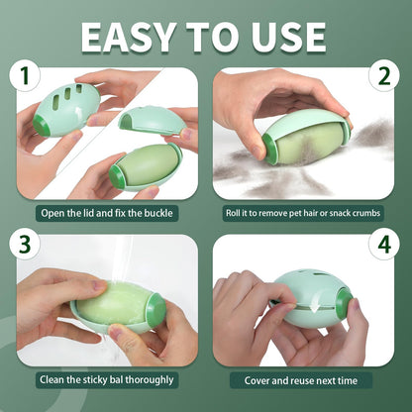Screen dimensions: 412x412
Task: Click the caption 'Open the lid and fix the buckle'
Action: [x=106, y=212]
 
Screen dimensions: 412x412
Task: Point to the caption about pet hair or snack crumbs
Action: [x=305, y=212]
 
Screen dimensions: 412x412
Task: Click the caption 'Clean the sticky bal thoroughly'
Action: [x=106, y=379]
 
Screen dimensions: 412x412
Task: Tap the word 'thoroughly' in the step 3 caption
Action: [x=146, y=379]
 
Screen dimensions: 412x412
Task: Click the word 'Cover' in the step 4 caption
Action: [x=256, y=379]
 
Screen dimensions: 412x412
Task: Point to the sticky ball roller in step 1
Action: [x=146, y=163]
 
